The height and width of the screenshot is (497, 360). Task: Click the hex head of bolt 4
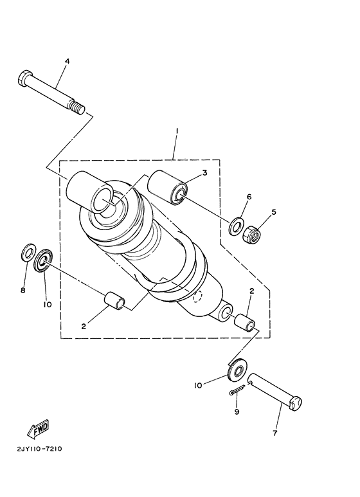(24, 80)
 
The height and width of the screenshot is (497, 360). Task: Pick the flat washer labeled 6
(236, 225)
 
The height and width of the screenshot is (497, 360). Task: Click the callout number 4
(66, 61)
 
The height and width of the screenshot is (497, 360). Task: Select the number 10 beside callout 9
(198, 385)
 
